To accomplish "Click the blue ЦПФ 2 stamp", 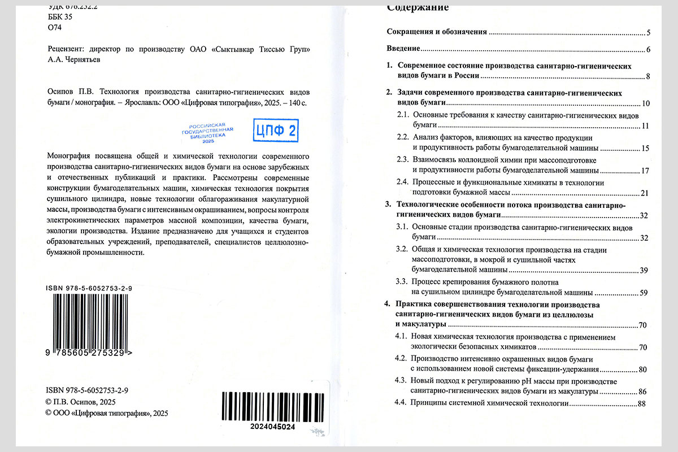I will click(276, 131).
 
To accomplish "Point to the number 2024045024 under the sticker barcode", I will click(272, 427).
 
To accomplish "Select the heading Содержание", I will click(418, 7).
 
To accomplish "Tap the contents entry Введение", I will click(403, 49).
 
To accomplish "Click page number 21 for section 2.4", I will click(644, 194).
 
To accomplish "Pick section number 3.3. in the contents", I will click(401, 281).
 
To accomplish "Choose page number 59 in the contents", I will click(644, 293).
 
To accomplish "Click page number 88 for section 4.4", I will click(641, 403).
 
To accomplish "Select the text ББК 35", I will click(60, 17).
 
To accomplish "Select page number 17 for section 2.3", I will click(645, 171).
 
